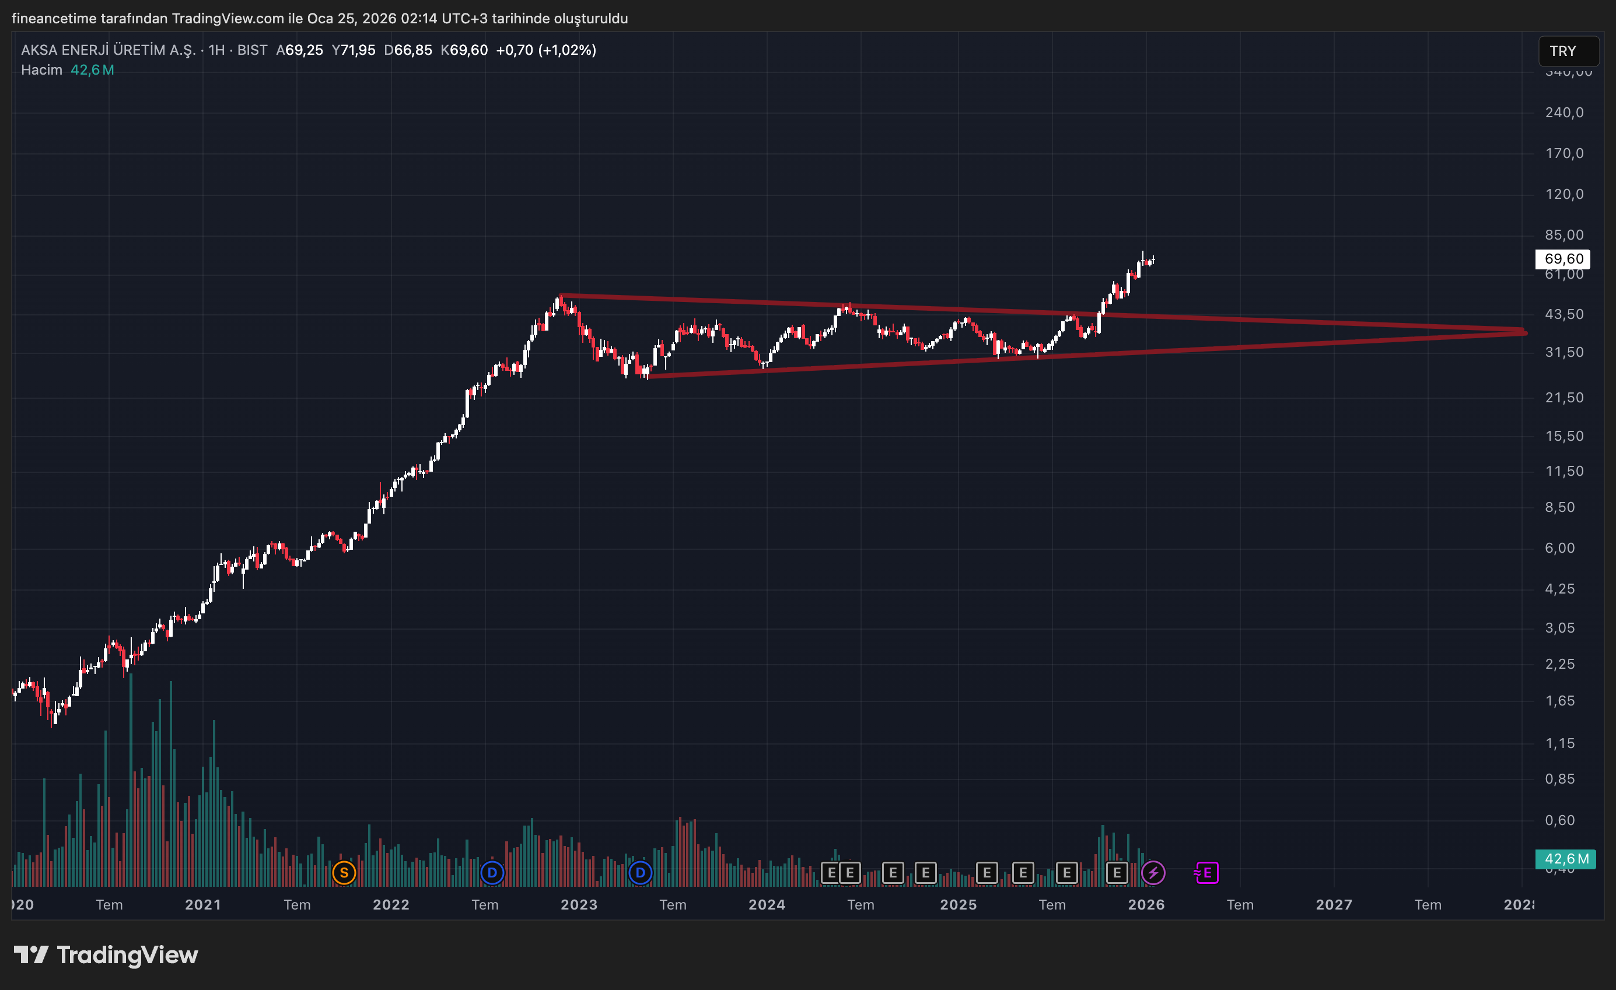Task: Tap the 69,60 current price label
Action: point(1563,259)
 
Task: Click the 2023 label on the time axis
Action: point(579,905)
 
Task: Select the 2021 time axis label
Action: point(202,905)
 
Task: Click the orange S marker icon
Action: point(344,873)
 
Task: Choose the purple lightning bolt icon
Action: point(1153,873)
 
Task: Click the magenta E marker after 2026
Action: point(1207,873)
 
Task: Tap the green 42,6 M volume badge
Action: point(1566,859)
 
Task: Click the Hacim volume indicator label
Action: point(41,70)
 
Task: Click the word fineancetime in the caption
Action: point(54,18)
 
